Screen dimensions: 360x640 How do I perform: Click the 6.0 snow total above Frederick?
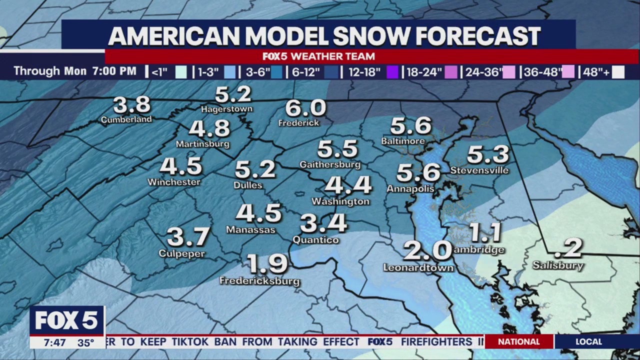(x=305, y=108)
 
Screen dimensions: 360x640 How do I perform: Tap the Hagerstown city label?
(x=226, y=109)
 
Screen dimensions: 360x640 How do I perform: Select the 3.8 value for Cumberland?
(x=131, y=105)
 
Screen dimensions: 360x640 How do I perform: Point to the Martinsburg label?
(x=202, y=144)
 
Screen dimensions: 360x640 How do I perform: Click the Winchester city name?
(x=174, y=182)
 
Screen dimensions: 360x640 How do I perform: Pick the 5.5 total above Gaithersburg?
(x=337, y=149)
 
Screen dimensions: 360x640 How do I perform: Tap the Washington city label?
(x=340, y=201)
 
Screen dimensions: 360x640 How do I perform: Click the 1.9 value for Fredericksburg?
(x=267, y=264)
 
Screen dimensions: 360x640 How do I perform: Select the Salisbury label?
(x=558, y=265)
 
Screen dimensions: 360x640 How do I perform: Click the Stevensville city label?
(x=479, y=170)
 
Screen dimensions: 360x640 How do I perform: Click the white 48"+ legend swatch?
(x=618, y=72)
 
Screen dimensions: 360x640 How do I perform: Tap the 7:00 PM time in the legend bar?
(x=114, y=71)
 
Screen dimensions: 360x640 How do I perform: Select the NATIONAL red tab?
(x=518, y=342)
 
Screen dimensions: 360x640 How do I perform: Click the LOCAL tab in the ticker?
(x=588, y=342)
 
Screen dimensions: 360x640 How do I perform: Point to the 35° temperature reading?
(x=85, y=343)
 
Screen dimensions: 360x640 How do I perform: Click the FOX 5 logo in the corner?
(x=66, y=320)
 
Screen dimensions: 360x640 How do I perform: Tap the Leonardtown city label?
(x=418, y=268)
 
